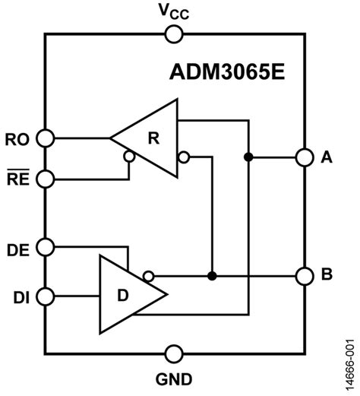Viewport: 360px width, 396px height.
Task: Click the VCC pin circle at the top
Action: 174,33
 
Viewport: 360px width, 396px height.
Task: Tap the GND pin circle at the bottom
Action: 174,353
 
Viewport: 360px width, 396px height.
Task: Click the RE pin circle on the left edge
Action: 46,179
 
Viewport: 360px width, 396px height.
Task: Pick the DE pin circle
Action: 46,247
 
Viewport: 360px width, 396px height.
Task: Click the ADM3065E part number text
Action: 224,71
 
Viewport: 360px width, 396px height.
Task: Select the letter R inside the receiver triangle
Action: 153,138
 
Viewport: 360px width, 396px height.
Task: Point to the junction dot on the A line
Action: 248,157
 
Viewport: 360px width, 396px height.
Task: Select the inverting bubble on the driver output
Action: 150,275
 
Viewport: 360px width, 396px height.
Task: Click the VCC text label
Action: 174,11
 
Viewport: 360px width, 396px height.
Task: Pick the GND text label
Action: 175,379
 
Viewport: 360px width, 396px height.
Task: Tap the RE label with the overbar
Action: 16,179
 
